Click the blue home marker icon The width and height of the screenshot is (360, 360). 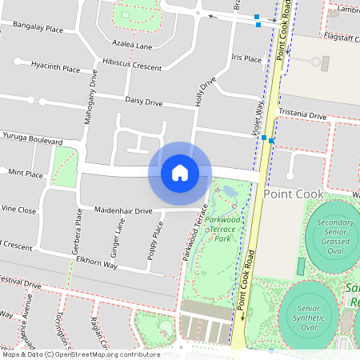179,172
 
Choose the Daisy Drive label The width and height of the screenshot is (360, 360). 144,102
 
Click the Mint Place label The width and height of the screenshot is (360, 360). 25,173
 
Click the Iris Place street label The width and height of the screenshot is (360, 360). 246,58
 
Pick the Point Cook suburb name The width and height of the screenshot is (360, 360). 294,194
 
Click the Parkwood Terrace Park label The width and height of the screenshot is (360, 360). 222,228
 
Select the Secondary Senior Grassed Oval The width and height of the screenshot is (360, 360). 335,234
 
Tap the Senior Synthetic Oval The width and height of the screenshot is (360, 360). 309,317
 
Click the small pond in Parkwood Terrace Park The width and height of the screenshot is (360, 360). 230,191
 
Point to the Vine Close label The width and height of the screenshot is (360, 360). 18,210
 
